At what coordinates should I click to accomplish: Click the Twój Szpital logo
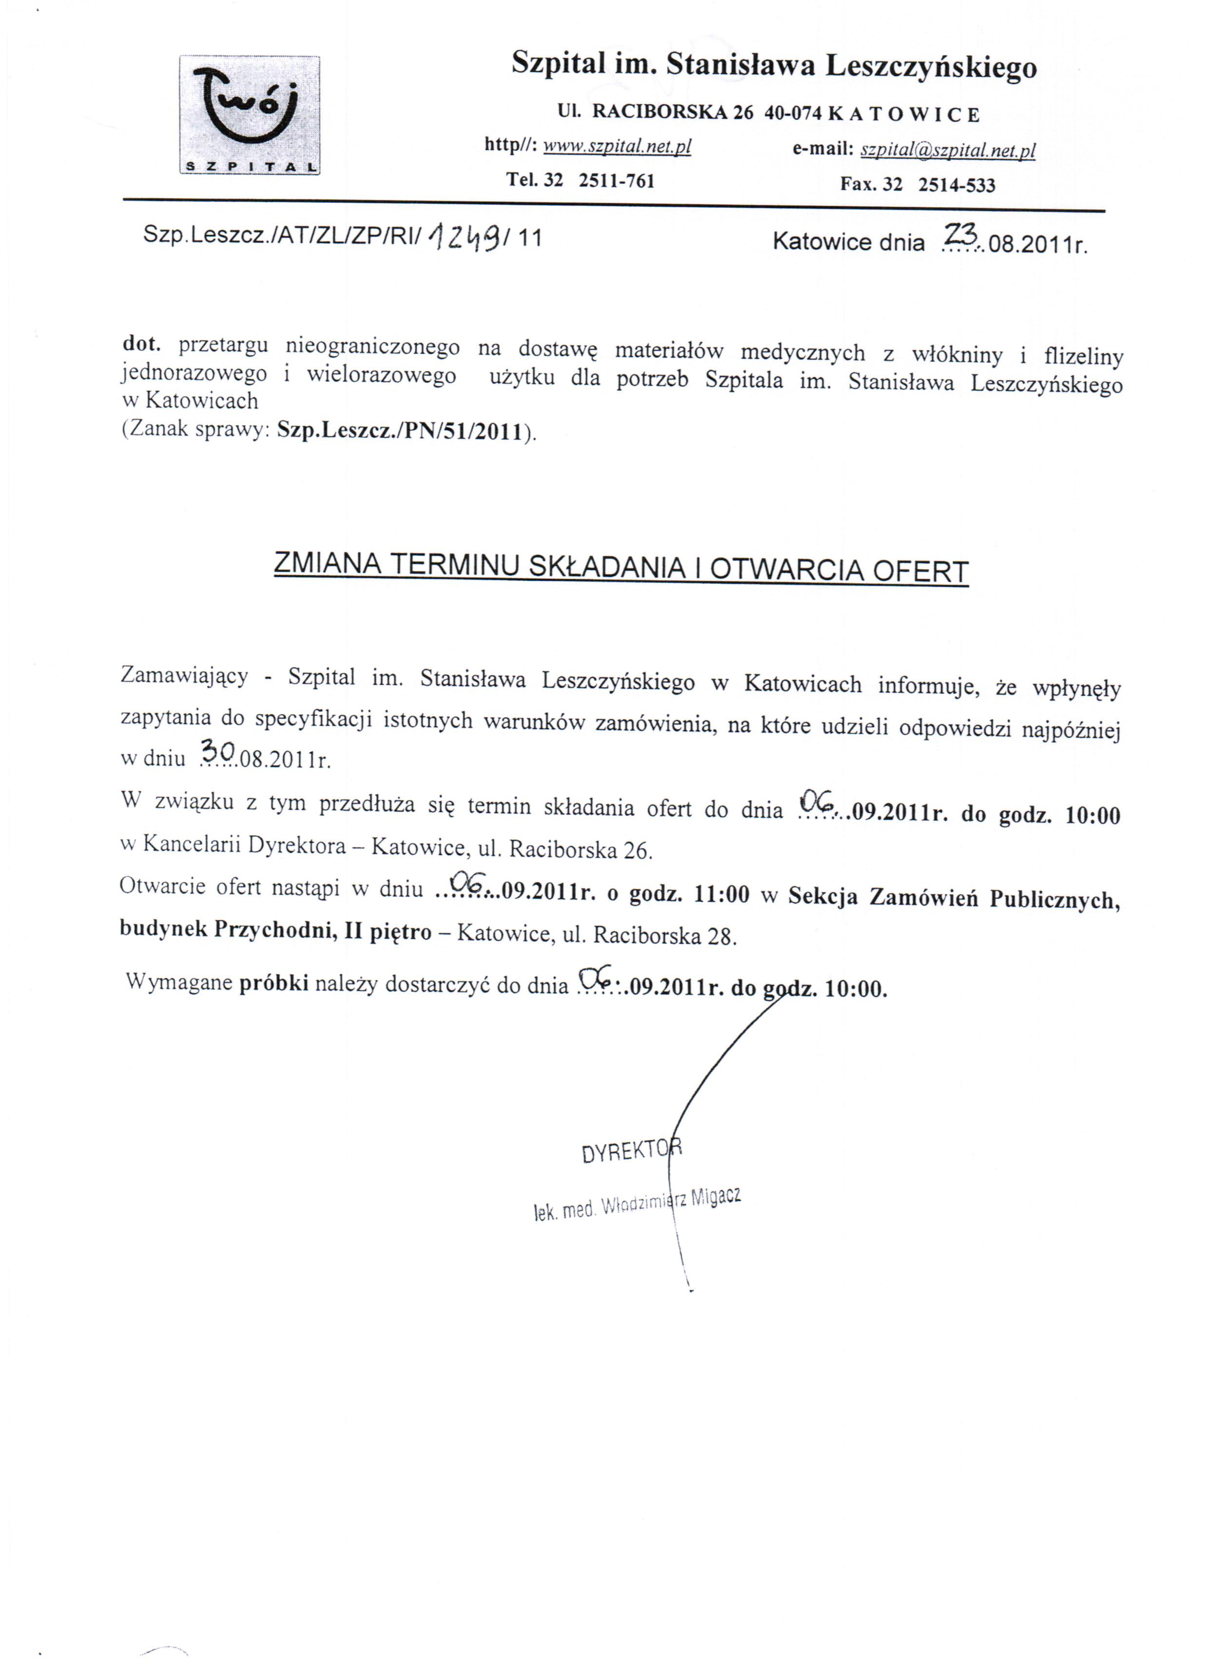250,115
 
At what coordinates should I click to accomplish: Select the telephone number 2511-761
616,180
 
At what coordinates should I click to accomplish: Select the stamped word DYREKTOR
632,1151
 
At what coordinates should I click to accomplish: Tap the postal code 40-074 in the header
793,114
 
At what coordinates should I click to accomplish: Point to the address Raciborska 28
664,936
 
